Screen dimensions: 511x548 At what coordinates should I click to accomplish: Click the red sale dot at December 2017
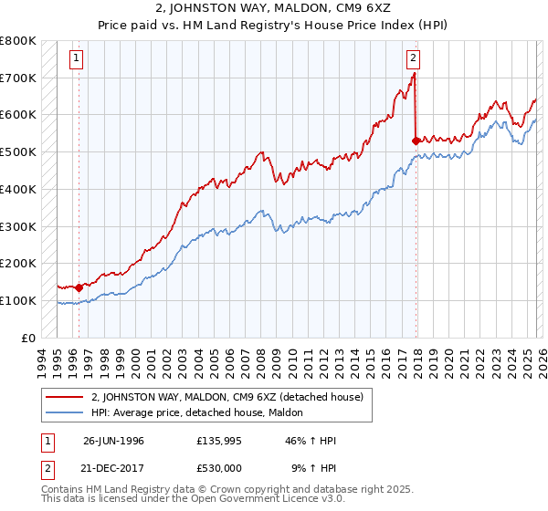tap(416, 141)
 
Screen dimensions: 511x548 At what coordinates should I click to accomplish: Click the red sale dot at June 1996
tap(79, 287)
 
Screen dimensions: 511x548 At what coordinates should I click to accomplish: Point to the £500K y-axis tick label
tap(18, 151)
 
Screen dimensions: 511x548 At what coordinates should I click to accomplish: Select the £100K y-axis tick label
tap(18, 300)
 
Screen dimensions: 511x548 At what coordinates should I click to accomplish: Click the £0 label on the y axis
tap(27, 338)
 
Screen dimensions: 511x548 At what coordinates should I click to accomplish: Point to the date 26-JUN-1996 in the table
tap(113, 441)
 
